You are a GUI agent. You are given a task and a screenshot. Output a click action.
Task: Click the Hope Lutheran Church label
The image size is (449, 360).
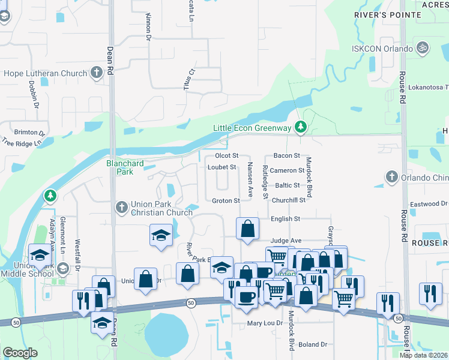[46, 74]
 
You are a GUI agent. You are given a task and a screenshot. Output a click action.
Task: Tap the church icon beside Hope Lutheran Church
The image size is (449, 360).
[97, 74]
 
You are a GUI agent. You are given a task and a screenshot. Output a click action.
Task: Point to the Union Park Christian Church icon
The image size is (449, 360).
[121, 208]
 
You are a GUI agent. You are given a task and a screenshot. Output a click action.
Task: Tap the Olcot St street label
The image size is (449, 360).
[227, 156]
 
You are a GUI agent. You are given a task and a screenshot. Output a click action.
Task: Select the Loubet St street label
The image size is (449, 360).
[222, 167]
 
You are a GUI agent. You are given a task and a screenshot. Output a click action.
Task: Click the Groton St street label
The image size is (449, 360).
[226, 200]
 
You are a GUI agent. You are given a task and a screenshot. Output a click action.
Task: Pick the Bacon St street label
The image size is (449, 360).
[286, 156]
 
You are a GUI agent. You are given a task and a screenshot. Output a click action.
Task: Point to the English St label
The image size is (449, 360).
[285, 220]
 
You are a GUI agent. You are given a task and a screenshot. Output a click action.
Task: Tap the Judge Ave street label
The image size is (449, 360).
[286, 241]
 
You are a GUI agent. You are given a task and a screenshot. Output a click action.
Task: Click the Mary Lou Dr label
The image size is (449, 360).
[265, 323]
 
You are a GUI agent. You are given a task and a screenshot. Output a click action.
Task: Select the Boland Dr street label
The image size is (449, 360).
[313, 344]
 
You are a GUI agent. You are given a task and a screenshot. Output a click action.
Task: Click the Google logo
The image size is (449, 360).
[20, 353]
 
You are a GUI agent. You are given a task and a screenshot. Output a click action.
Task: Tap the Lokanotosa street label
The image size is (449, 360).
[428, 87]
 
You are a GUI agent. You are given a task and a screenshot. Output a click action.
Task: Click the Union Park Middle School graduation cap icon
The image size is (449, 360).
[39, 256]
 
